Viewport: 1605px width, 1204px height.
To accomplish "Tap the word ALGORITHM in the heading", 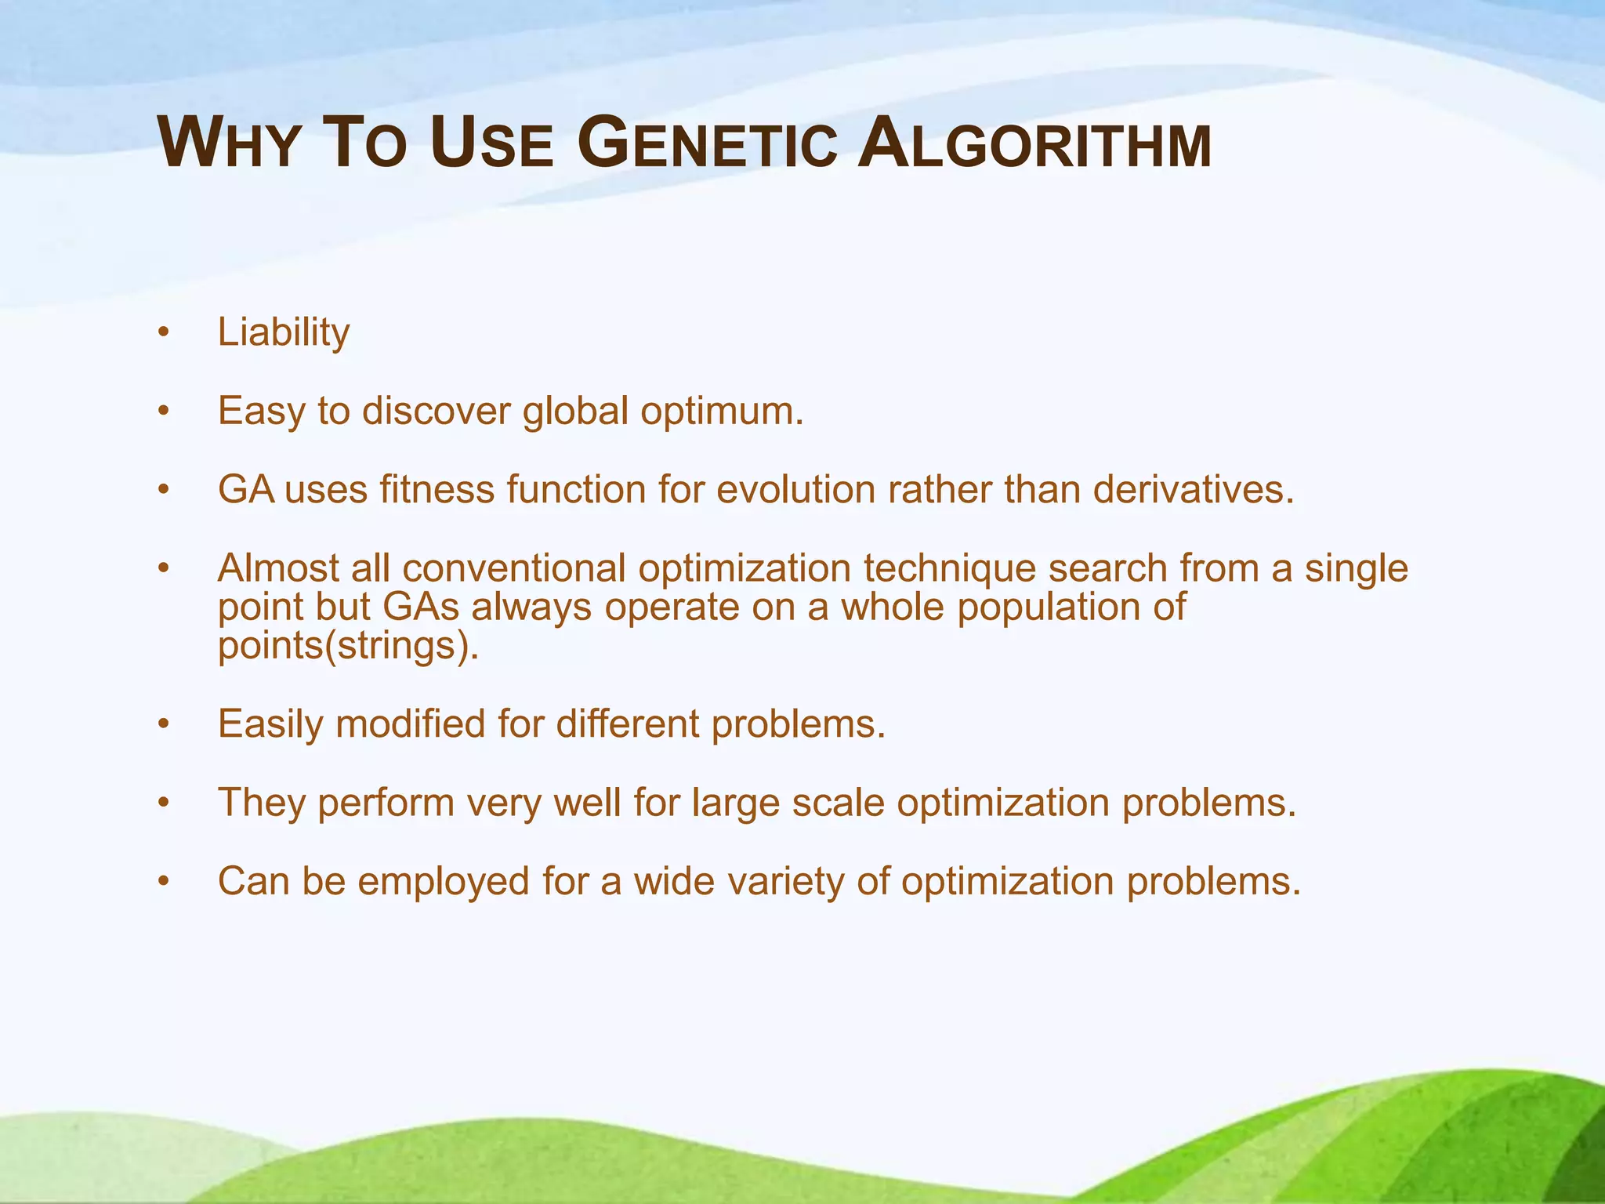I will point(1034,144).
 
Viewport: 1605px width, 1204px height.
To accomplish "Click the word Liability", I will point(284,332).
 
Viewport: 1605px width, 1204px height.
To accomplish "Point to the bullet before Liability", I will point(163,332).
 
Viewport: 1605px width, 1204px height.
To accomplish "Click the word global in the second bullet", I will point(575,411).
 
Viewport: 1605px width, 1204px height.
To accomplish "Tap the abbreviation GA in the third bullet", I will point(246,490).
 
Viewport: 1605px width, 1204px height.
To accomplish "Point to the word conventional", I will point(514,568).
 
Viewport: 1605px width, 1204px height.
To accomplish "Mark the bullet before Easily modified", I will point(163,724).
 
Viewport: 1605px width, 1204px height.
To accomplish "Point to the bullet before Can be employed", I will point(163,882).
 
